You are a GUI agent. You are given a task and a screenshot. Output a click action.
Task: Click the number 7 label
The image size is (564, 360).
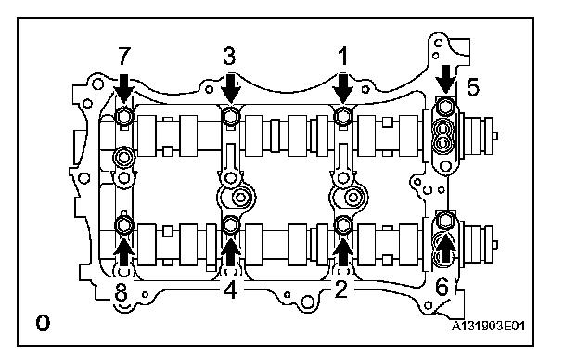tap(123, 57)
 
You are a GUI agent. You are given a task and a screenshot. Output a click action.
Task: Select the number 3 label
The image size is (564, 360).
tap(229, 57)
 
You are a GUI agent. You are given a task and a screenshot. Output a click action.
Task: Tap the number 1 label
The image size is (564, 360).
tap(343, 57)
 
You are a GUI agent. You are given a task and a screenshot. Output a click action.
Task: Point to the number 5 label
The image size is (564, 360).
tap(473, 87)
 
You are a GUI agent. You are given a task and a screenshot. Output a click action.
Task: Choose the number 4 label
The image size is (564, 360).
tap(230, 289)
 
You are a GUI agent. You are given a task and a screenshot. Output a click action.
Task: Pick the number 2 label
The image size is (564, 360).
tap(340, 289)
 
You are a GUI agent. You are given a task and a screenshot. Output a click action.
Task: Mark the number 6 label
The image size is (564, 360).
tap(442, 288)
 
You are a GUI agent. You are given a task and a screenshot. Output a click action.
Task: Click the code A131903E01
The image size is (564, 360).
tap(488, 327)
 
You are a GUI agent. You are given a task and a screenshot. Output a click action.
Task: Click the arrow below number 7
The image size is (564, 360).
tap(124, 88)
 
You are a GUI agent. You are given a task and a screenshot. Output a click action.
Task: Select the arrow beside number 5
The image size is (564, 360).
tap(446, 79)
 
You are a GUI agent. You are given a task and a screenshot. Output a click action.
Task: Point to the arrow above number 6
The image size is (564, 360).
tap(445, 248)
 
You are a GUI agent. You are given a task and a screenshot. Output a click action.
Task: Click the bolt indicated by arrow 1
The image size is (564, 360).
tap(343, 116)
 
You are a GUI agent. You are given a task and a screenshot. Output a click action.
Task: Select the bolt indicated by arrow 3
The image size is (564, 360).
tap(230, 116)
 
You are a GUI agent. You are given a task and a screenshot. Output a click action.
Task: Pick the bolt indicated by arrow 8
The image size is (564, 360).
tap(123, 225)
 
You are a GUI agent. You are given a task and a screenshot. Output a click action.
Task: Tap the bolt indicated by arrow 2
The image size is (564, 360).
tap(342, 225)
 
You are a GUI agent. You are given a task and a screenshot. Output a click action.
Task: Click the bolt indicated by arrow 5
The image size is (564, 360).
tap(445, 107)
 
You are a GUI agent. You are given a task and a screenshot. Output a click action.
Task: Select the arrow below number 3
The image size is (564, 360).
tap(230, 88)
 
